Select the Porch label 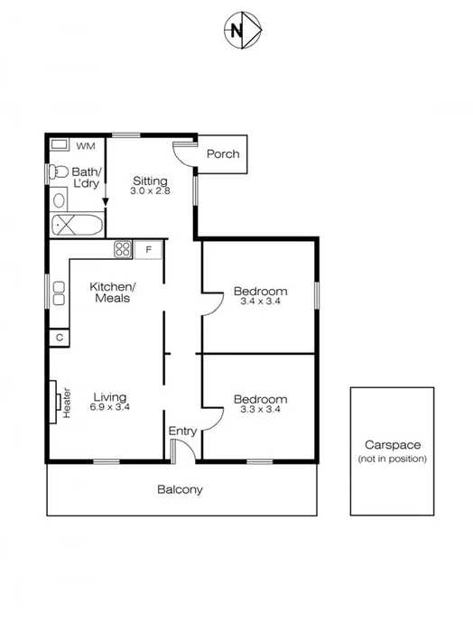tap(223, 153)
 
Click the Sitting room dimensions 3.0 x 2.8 tap(150, 191)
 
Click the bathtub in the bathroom tap(76, 225)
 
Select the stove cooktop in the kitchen tap(124, 249)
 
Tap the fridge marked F tap(149, 249)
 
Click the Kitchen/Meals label tap(110, 292)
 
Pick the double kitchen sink tap(59, 292)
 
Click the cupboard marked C tap(59, 337)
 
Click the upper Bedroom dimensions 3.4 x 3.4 tap(260, 302)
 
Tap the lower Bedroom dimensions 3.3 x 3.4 tap(260, 411)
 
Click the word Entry tap(182, 431)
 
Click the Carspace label tap(393, 445)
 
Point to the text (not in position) tap(393, 459)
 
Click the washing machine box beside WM tap(60, 144)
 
